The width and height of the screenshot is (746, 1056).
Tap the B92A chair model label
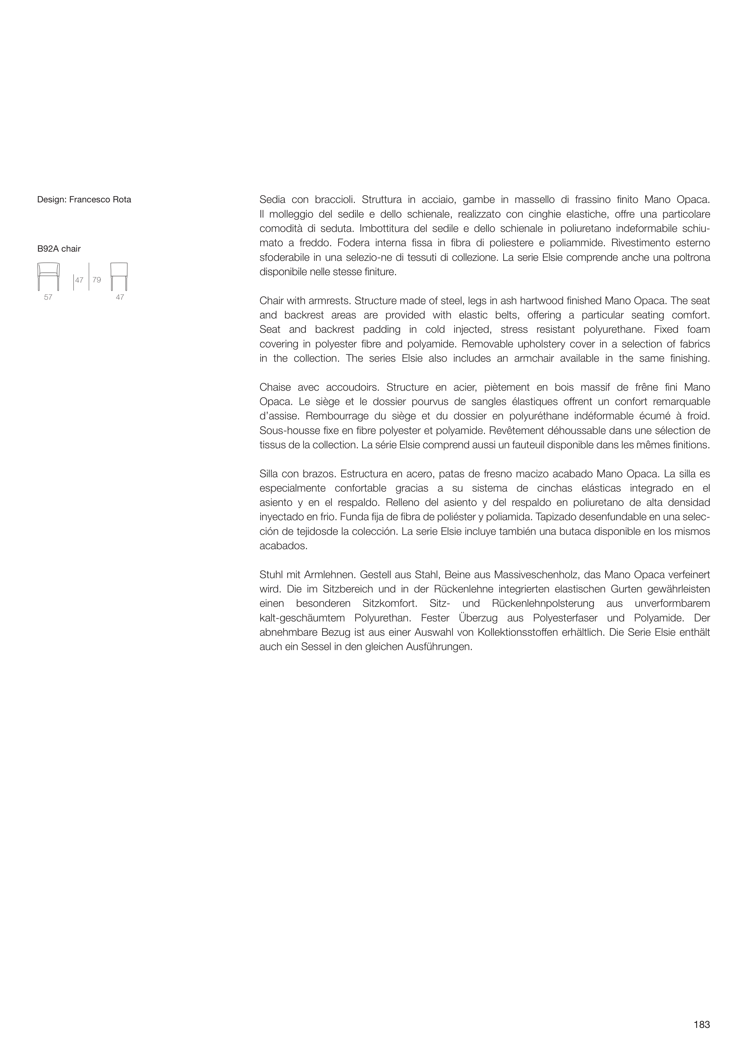coord(59,249)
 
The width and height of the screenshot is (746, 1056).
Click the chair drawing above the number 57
coord(48,276)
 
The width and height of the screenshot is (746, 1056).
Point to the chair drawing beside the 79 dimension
coord(119,276)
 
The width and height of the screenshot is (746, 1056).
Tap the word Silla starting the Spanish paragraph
coord(269,474)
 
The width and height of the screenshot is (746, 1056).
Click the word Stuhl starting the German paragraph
coord(270,575)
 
